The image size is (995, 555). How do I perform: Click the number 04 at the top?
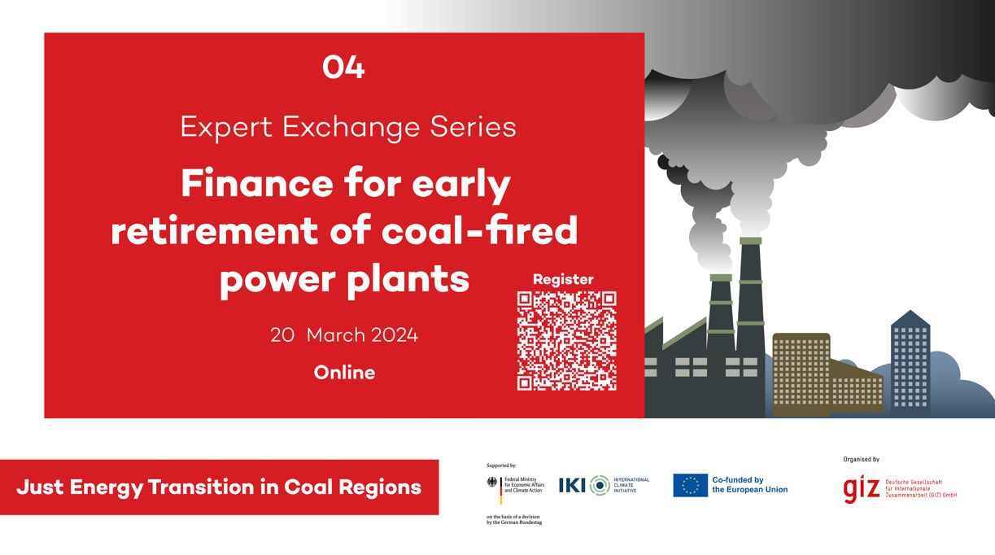point(343,68)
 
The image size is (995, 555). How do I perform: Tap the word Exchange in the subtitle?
point(351,128)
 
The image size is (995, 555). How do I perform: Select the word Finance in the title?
point(257,184)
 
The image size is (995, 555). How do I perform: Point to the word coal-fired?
point(480,230)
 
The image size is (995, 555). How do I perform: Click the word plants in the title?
point(408,279)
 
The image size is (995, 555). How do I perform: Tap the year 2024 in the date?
point(395,335)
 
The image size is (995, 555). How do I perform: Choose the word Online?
point(344,373)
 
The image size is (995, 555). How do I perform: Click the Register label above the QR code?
point(563,279)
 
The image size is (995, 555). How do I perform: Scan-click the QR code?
point(567,341)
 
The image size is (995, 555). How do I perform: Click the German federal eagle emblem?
point(492,483)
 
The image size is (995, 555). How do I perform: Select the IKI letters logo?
point(572,485)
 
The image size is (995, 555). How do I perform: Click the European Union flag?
point(690,485)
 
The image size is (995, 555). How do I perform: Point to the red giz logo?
point(862,489)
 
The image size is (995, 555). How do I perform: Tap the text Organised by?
point(862,460)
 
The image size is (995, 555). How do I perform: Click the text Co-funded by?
point(738,480)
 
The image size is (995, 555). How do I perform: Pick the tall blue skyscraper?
point(910,364)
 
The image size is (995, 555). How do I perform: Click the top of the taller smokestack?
point(750,241)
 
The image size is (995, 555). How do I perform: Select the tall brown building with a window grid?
point(801,374)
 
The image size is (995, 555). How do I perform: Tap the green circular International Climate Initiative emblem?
point(600,485)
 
